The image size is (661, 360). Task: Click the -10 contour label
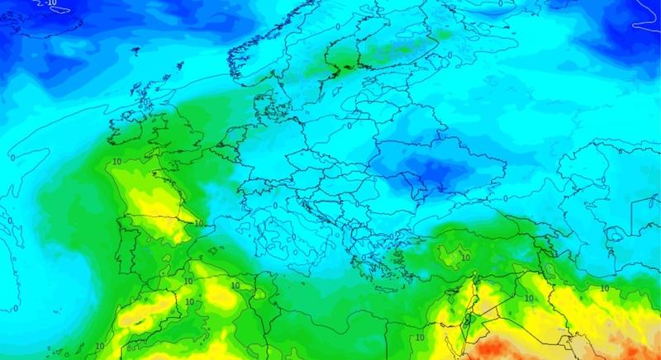51,3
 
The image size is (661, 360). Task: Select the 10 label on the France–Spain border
197,221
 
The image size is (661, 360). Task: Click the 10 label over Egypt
420,337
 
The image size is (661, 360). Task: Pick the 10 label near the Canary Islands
99,344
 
